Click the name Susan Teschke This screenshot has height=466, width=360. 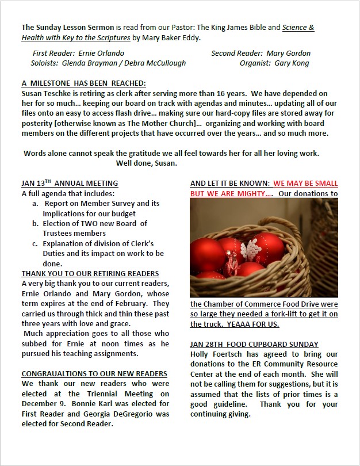tap(46, 93)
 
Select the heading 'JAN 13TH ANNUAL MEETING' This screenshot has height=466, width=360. tap(70, 184)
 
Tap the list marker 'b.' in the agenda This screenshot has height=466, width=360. tap(36, 223)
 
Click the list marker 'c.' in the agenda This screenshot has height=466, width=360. tap(36, 243)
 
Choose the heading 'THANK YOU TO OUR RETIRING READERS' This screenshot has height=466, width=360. tap(90, 273)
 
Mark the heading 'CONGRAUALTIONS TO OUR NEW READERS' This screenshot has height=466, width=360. tap(94, 373)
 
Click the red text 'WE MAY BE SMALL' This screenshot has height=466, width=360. tap(305, 184)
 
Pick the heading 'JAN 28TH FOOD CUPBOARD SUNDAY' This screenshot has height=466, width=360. tap(254, 344)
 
